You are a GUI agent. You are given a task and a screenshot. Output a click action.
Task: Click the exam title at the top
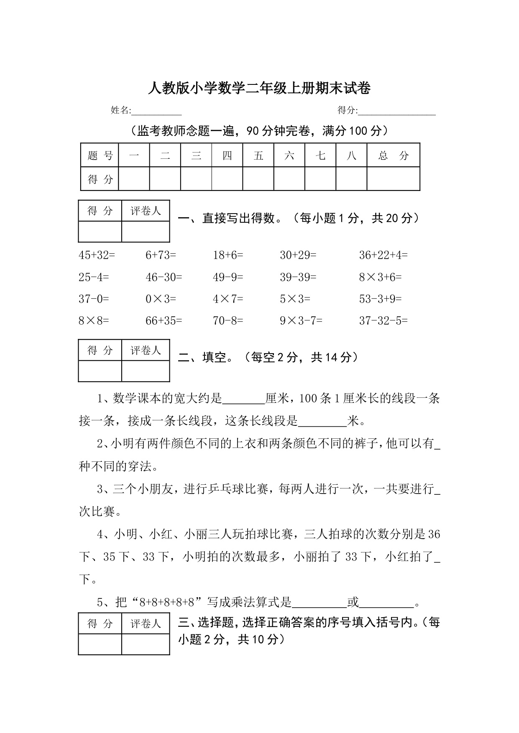(x=259, y=88)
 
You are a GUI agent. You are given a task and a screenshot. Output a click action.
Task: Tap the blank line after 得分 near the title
(x=397, y=111)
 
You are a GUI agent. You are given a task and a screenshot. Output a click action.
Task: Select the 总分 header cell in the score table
(x=393, y=155)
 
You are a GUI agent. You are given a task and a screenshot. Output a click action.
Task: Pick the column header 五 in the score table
(x=258, y=155)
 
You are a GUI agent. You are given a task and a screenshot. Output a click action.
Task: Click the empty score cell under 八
(x=351, y=179)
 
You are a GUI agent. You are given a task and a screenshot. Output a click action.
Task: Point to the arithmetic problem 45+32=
(x=97, y=255)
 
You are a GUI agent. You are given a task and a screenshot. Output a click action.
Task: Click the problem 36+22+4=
(x=383, y=255)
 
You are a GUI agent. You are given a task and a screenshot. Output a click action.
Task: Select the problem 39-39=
(x=298, y=277)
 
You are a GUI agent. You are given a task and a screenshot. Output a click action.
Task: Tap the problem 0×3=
(x=161, y=299)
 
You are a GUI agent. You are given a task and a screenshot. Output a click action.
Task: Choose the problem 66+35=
(x=164, y=321)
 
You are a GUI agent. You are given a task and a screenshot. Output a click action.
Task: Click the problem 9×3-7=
(x=301, y=321)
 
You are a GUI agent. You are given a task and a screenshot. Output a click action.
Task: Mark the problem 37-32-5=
(x=383, y=321)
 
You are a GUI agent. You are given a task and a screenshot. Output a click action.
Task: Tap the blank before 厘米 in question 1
(x=244, y=400)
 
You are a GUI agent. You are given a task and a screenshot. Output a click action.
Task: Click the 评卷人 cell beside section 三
(x=146, y=624)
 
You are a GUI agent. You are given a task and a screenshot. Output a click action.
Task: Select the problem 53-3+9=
(x=380, y=299)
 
